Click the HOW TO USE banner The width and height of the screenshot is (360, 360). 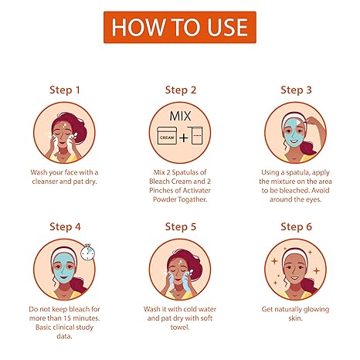[x=180, y=27]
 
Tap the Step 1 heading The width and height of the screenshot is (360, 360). [x=65, y=90]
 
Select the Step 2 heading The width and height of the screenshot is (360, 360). [x=181, y=90]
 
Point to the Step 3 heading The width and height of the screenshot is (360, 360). [x=296, y=90]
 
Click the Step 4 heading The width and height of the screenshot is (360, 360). [x=65, y=227]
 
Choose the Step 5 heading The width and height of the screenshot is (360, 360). [x=181, y=227]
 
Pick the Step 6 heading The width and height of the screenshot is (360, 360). [x=296, y=227]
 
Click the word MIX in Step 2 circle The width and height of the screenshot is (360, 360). [x=180, y=116]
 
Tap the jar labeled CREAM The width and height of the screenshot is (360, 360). [x=167, y=135]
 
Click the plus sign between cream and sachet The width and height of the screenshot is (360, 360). [x=184, y=138]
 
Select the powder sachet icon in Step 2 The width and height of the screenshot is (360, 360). [x=195, y=135]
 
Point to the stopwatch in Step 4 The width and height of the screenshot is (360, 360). [x=87, y=252]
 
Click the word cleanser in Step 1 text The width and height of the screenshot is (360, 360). [x=45, y=182]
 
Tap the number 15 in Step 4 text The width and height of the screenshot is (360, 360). [x=67, y=318]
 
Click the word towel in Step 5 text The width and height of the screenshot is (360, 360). [x=180, y=328]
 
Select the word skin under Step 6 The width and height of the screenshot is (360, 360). [x=295, y=318]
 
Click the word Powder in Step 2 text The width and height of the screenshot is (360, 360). [x=163, y=199]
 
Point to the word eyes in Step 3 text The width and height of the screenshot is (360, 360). [x=314, y=199]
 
